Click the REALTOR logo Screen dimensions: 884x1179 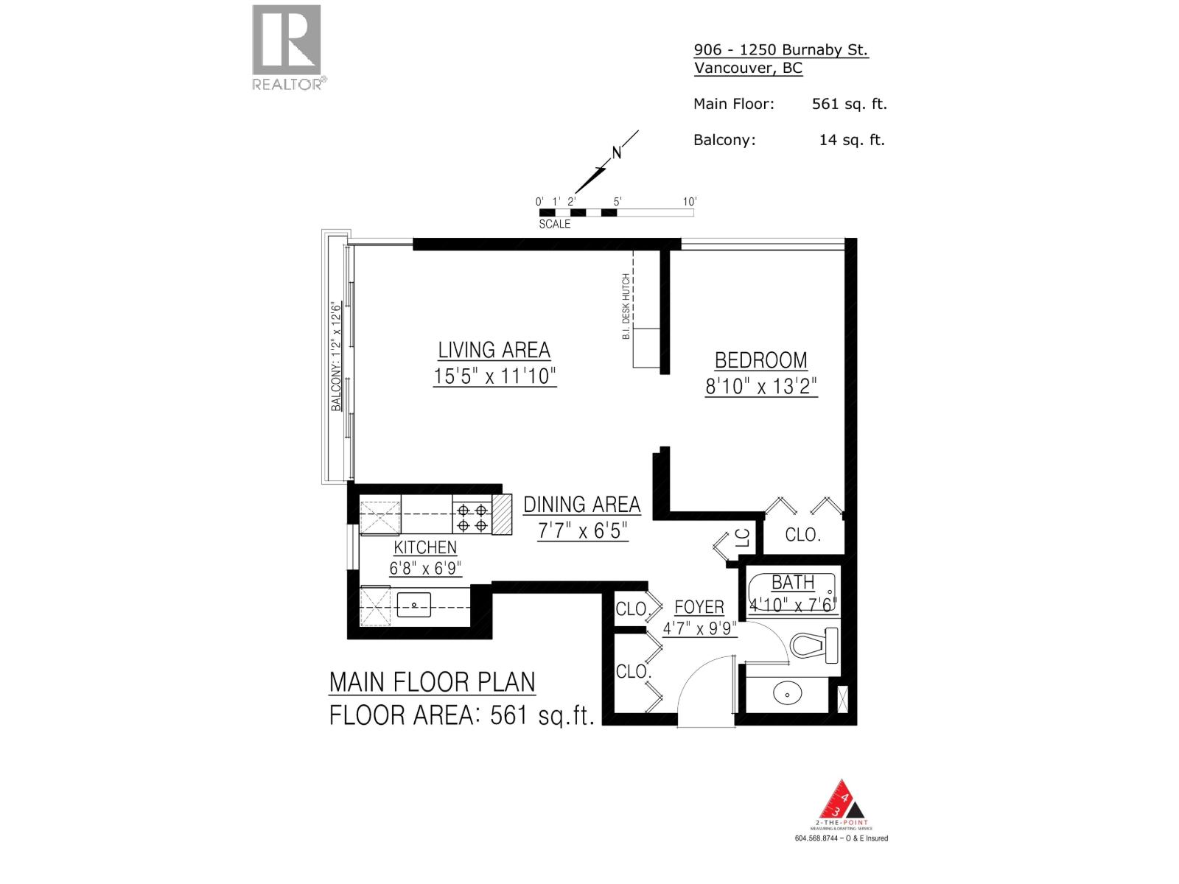point(287,46)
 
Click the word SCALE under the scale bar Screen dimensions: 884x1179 point(554,224)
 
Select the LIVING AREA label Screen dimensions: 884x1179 point(494,350)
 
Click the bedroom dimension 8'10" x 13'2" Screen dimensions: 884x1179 point(761,386)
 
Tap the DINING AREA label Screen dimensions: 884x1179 point(581,505)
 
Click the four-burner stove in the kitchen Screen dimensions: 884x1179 point(472,516)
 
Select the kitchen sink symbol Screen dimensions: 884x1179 point(414,605)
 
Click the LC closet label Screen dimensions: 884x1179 point(742,538)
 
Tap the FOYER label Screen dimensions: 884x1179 point(699,608)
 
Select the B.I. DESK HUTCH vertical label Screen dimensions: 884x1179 point(626,306)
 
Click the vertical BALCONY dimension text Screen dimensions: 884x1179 point(336,356)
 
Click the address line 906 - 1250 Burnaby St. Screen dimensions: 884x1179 point(780,50)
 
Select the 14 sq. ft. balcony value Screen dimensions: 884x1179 point(851,140)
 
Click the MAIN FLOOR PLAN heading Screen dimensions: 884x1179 point(432,682)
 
